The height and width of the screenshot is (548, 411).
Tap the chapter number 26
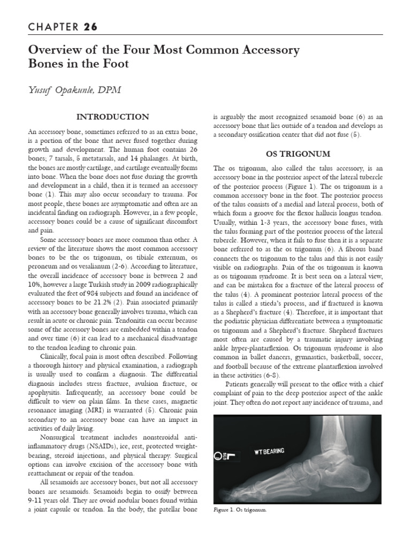(90, 27)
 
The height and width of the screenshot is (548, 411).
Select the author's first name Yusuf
(42, 90)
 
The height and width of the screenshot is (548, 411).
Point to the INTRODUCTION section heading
(113, 117)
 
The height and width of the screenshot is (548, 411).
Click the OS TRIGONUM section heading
(298, 154)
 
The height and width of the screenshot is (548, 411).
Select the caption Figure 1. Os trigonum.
(240, 510)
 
